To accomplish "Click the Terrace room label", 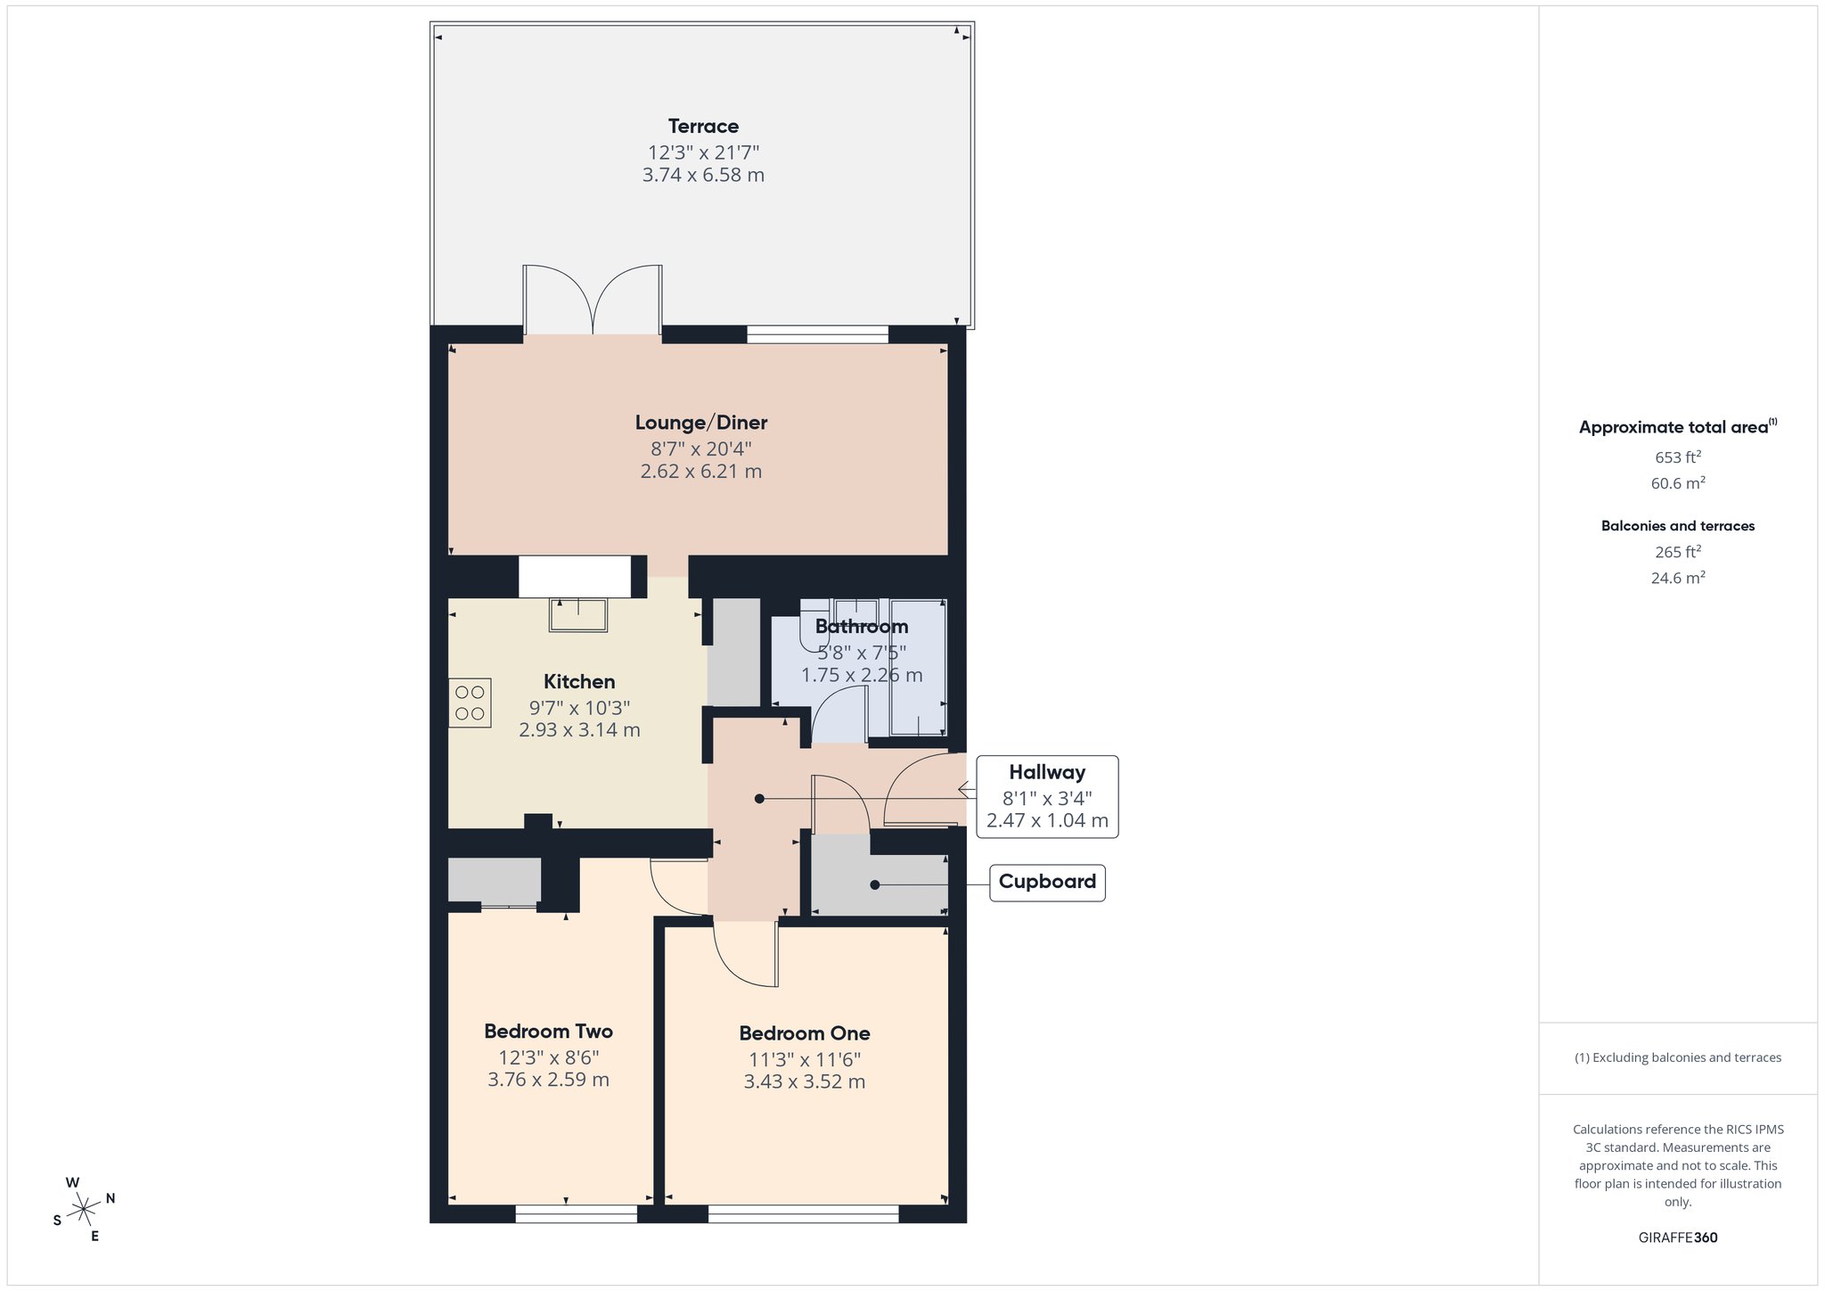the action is click(x=703, y=127).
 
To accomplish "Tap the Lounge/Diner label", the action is click(x=701, y=423).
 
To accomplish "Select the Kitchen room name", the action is click(x=579, y=682).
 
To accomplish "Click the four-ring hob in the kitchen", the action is click(x=470, y=703).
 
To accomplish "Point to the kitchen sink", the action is click(x=579, y=614).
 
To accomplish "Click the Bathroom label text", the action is click(x=862, y=627).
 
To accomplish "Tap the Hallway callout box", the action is click(x=1047, y=796).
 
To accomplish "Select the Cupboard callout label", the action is click(x=1047, y=882).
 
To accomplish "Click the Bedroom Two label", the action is click(x=548, y=1032).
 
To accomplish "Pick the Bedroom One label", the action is click(x=805, y=1033).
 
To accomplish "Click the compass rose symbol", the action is click(x=84, y=1209).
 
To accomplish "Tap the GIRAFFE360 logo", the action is click(x=1678, y=1238).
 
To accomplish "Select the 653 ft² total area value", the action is click(x=1678, y=457).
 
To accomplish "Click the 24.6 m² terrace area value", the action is click(x=1678, y=578).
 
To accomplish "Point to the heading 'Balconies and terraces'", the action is click(x=1678, y=526).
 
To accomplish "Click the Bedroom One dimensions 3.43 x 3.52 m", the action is click(x=805, y=1082).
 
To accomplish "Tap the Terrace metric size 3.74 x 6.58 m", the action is click(x=703, y=176).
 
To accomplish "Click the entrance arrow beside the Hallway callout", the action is click(x=967, y=789).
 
